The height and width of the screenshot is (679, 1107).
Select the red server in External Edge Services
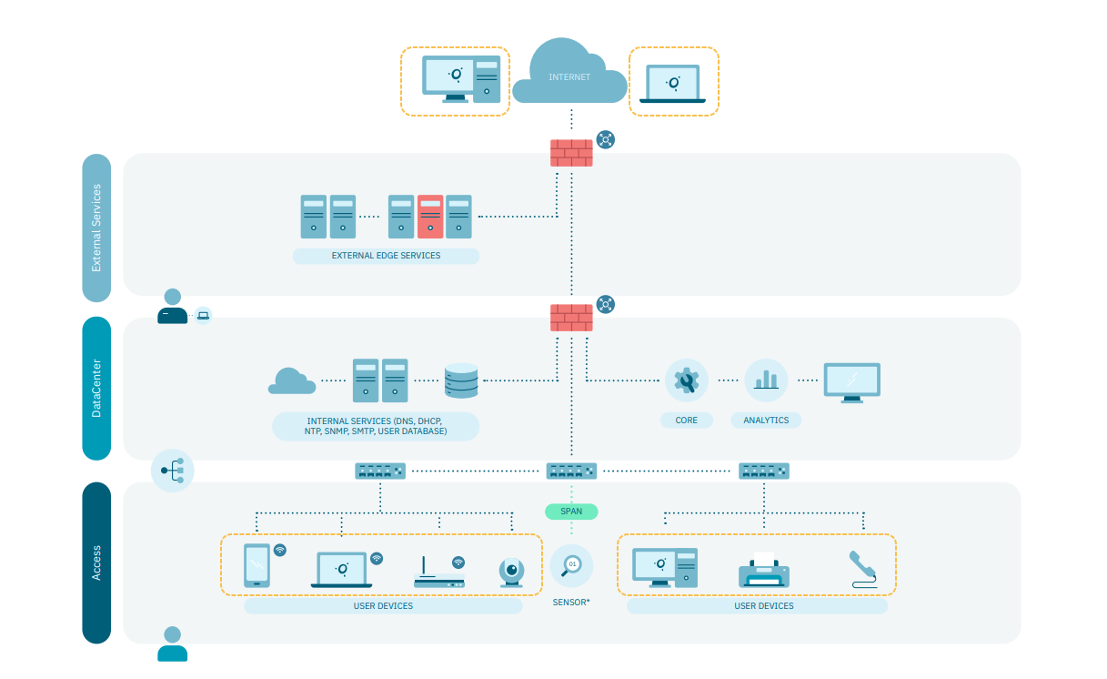tap(430, 217)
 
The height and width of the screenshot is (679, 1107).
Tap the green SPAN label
tap(571, 512)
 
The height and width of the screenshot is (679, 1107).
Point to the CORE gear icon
tap(687, 380)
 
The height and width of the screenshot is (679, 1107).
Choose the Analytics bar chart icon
tap(766, 380)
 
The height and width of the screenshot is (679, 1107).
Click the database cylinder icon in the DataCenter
tap(461, 381)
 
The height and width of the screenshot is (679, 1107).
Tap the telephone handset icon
tap(861, 569)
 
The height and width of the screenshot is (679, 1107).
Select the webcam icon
tap(511, 572)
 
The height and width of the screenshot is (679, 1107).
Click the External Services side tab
tap(96, 228)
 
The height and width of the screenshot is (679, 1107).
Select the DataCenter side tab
tap(96, 389)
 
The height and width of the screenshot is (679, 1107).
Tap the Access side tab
tap(96, 562)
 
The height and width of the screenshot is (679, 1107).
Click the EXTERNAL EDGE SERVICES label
tap(386, 256)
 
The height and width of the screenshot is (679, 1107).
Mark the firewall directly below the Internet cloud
tap(571, 153)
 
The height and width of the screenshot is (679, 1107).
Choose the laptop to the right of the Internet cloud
tap(672, 84)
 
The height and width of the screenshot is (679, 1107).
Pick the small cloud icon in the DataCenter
tap(292, 381)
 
